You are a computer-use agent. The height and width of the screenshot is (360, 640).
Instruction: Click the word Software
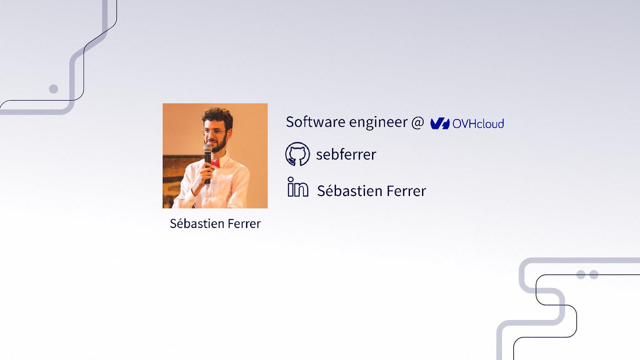[315, 122]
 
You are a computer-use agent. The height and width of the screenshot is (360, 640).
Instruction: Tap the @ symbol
[417, 122]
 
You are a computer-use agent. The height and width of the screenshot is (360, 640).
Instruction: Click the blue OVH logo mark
[440, 124]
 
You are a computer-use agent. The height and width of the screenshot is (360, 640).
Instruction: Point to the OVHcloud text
[478, 124]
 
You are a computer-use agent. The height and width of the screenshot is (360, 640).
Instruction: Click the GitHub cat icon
[297, 154]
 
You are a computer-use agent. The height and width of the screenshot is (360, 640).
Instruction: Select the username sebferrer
[346, 155]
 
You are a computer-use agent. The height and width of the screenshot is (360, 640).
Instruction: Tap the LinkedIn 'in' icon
[298, 187]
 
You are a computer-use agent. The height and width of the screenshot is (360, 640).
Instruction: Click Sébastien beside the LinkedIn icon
[350, 191]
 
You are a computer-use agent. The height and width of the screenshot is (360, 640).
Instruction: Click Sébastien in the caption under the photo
[196, 224]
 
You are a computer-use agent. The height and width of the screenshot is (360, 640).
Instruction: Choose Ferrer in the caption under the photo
[244, 224]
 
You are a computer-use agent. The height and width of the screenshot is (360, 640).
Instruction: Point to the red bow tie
[215, 163]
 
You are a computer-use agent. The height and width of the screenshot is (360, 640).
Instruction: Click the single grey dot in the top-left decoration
[53, 89]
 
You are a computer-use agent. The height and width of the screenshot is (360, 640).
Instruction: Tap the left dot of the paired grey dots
[581, 274]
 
